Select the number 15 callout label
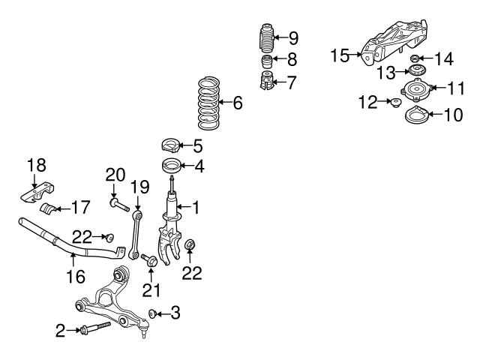340,55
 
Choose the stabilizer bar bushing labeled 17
51,208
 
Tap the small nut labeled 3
152,313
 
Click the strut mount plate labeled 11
413,89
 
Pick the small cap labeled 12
393,102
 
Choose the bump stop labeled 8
265,60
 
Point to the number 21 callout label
152,290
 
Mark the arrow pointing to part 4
185,166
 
